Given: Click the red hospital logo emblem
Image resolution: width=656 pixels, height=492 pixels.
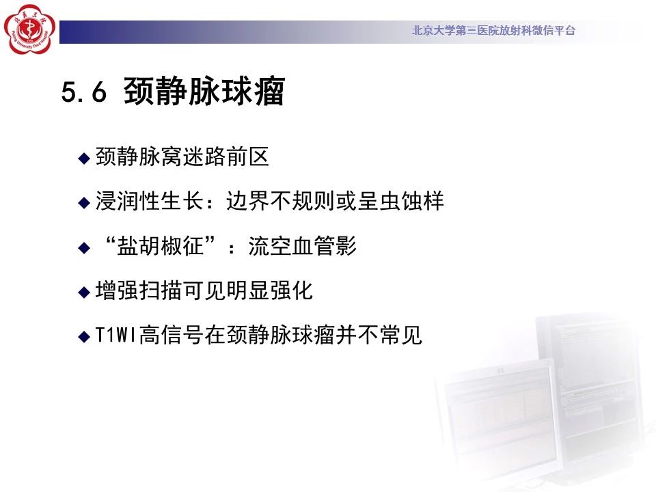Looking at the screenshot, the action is point(29,29).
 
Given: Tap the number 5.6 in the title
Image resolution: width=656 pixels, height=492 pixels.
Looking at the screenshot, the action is point(83,92).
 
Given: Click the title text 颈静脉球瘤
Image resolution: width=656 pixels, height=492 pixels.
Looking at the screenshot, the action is point(204,91).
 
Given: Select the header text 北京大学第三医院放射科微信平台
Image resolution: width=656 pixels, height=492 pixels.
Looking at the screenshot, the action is point(493,30).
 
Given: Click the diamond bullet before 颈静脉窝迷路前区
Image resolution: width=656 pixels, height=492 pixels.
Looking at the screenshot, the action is point(84,158).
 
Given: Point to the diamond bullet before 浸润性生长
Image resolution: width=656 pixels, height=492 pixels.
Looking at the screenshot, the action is point(84,203).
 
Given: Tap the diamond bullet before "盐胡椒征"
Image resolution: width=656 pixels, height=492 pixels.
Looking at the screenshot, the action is point(84,247).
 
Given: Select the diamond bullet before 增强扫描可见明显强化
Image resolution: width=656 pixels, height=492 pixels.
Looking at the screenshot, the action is point(84,292).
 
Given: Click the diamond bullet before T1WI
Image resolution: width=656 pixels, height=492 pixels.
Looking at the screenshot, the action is point(84,336).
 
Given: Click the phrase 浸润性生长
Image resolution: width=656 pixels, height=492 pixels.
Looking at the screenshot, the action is point(150,201).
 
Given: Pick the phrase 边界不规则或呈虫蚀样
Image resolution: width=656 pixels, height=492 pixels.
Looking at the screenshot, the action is point(335,201).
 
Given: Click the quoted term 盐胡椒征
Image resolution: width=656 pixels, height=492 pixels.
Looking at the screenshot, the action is point(160,246).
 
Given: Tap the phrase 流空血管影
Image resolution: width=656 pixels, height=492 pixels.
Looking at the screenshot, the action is point(302,246).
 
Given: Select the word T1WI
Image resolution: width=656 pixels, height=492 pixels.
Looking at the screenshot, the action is point(116,335).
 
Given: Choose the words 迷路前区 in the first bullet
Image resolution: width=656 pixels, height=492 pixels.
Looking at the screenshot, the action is point(225,156).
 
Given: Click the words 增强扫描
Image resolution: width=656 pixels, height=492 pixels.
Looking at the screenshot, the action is point(139,290).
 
